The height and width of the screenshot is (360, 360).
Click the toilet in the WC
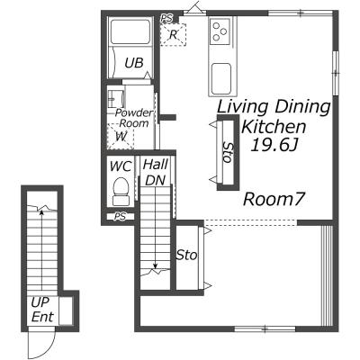click(121, 191)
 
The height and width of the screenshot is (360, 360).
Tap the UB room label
click(134, 63)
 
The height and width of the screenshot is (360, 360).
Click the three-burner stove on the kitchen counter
click(220, 31)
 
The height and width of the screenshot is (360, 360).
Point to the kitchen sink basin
click(221, 78)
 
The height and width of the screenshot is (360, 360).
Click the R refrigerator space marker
click(174, 35)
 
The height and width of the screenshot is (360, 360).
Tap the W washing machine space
click(121, 137)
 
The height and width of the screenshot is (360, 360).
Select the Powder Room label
click(134, 118)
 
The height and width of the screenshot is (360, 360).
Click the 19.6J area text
click(274, 146)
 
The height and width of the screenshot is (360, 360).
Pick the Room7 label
click(274, 199)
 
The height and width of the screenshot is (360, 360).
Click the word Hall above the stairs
click(155, 165)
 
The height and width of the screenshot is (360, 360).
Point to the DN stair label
click(156, 180)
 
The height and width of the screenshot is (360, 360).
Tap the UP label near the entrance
click(40, 302)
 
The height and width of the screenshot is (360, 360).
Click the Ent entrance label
click(42, 317)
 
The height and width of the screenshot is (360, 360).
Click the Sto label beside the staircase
click(186, 255)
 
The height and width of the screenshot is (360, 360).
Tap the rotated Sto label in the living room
click(229, 152)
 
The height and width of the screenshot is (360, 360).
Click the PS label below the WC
click(120, 217)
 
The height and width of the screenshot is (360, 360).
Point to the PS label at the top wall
click(166, 18)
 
